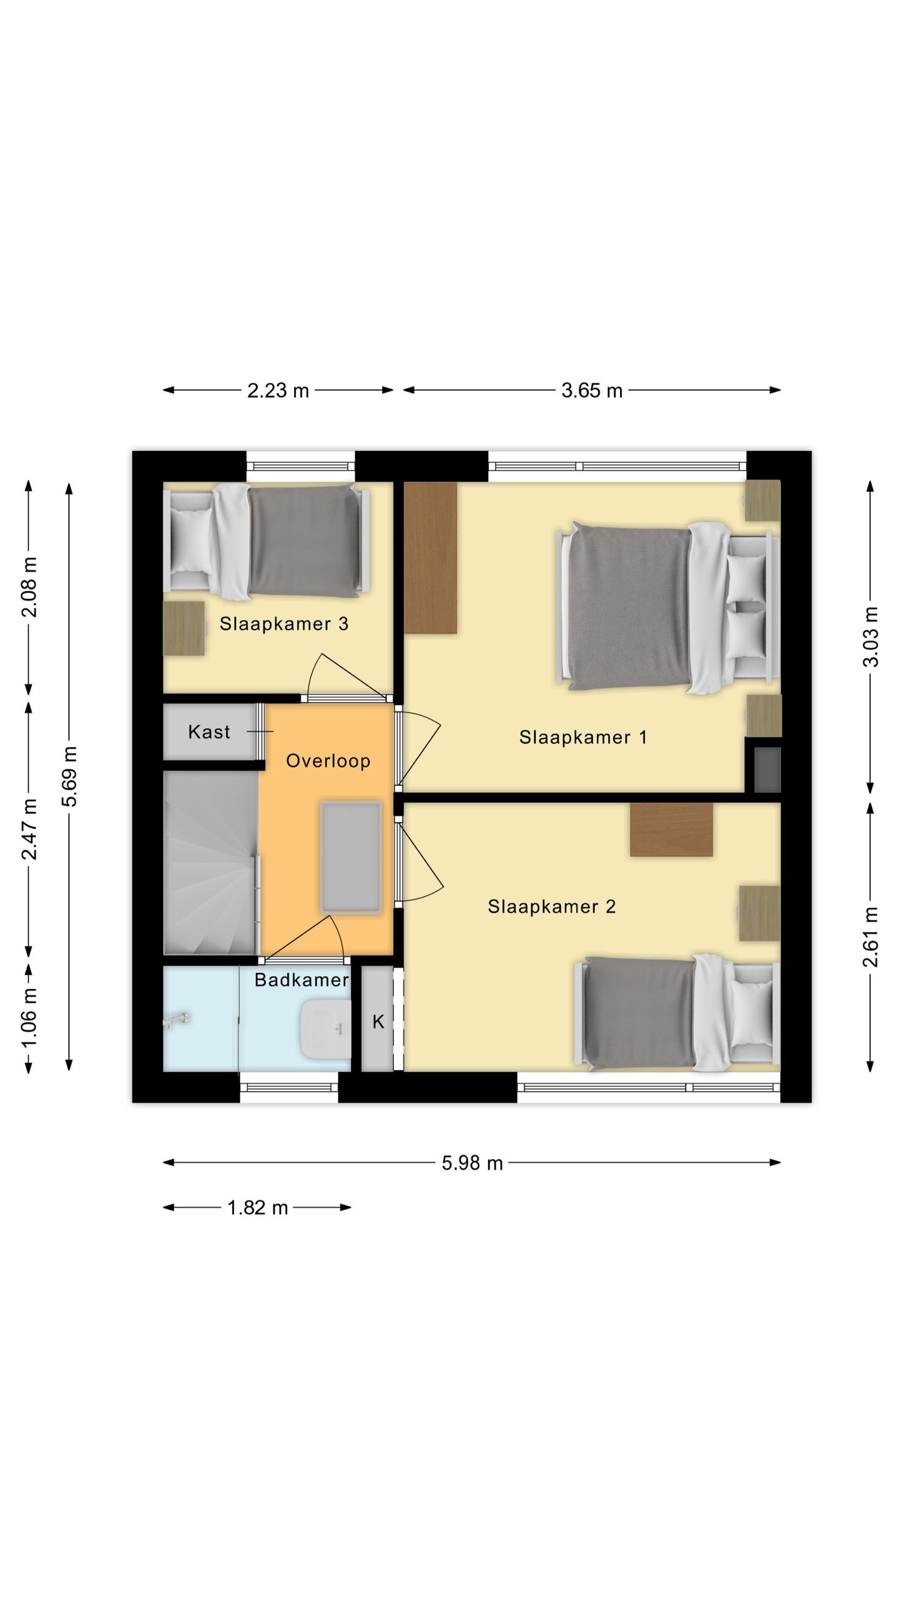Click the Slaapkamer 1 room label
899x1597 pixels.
[582, 737]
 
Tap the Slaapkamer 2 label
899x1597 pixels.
[552, 906]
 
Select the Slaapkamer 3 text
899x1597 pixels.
[284, 624]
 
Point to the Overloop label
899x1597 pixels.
[328, 761]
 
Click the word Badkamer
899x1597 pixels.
[302, 979]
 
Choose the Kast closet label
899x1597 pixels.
[209, 732]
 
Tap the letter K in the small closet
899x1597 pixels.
[378, 1021]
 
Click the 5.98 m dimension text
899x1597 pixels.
[472, 1163]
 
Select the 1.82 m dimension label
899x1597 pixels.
[258, 1208]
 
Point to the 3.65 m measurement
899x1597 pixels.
[592, 391]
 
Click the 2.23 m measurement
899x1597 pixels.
[278, 391]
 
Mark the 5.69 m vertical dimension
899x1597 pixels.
[69, 776]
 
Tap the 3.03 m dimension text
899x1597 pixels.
[870, 636]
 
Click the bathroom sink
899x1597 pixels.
[325, 1029]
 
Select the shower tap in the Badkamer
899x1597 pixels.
[175, 1021]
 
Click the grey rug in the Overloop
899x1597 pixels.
[350, 858]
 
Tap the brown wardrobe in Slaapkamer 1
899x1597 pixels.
[430, 558]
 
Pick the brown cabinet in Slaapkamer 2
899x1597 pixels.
[671, 829]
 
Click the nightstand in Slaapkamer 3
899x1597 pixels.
[184, 628]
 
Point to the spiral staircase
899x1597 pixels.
[211, 862]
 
